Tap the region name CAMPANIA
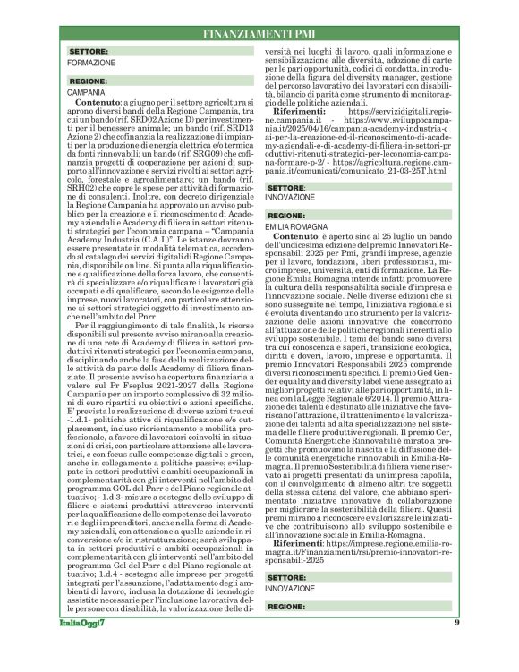coord(86,92)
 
